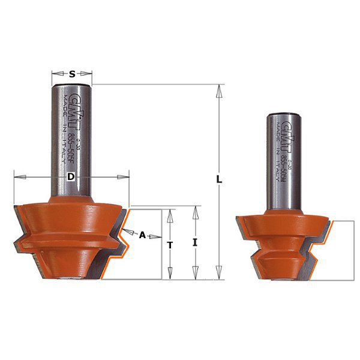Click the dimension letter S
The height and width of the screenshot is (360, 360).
pos(72,74)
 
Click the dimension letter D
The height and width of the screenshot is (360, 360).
pos(70,177)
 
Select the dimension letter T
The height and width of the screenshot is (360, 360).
pos(170,244)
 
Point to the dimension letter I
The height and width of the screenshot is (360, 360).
pos(195,242)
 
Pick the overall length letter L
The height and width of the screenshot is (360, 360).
pos(220,179)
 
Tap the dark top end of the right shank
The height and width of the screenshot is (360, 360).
pos(283,114)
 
